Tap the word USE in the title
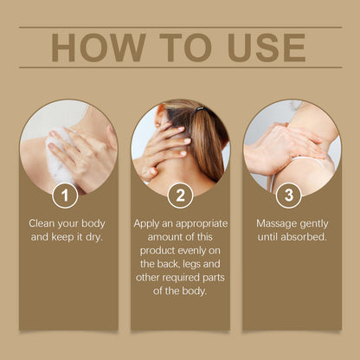[x=267, y=48]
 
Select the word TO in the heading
[x=185, y=48]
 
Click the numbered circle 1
[x=65, y=196]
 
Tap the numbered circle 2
[x=180, y=196]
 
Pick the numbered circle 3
[x=289, y=196]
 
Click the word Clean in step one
[x=42, y=223]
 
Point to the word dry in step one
[x=94, y=237]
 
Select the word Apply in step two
[x=145, y=224]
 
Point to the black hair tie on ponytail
[x=200, y=110]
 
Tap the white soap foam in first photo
[x=59, y=158]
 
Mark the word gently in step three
[x=314, y=224]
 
